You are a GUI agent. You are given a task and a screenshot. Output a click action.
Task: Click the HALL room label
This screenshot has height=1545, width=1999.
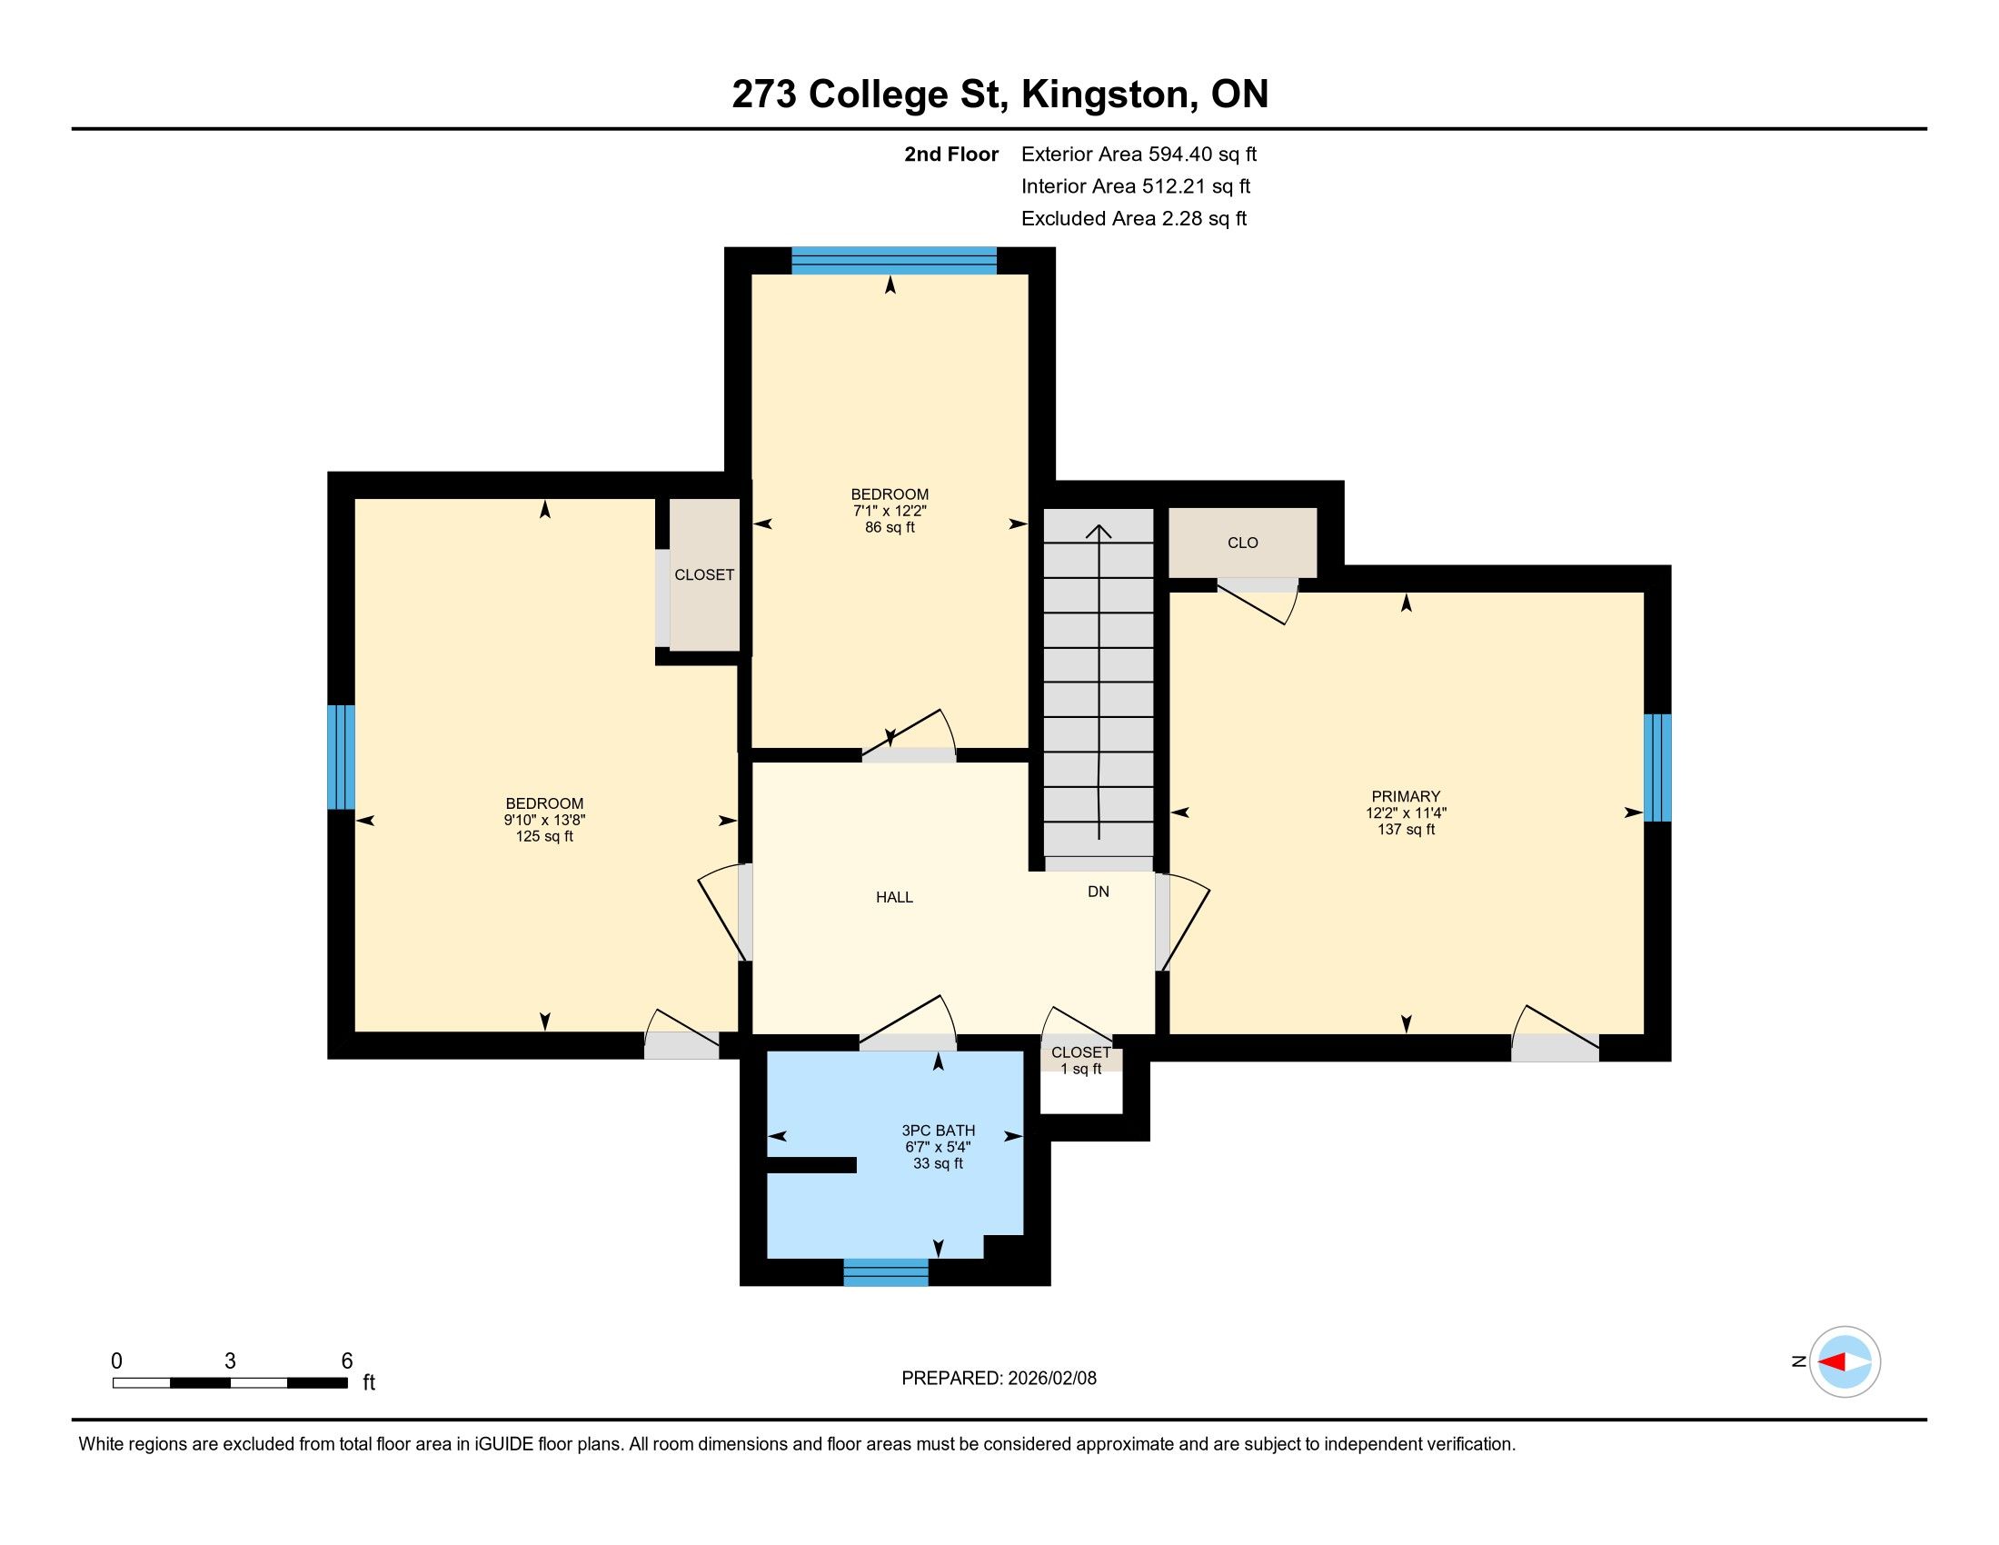894,897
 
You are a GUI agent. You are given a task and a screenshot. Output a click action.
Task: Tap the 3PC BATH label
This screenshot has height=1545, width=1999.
939,1131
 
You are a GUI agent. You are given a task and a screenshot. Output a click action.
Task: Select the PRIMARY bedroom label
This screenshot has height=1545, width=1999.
1406,796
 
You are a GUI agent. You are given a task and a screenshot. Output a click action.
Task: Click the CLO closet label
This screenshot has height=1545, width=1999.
1243,543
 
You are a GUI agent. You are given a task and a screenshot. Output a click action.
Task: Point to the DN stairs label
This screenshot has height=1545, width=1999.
1099,892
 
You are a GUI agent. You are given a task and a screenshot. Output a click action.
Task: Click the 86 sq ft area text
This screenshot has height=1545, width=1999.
890,527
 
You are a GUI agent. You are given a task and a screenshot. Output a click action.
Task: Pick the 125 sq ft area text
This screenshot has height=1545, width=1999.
544,836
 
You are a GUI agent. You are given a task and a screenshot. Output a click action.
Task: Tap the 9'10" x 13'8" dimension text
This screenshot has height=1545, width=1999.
544,820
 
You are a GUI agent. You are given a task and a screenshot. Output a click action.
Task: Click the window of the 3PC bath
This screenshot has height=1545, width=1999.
885,1272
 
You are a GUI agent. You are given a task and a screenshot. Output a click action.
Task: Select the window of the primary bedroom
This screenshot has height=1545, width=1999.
1657,768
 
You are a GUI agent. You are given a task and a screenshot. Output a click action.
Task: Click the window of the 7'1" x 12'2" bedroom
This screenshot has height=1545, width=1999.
893,261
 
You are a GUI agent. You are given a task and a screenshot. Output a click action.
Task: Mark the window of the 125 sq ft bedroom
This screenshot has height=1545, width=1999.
342,757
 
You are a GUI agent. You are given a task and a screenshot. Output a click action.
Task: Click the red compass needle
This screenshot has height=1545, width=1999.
1831,1362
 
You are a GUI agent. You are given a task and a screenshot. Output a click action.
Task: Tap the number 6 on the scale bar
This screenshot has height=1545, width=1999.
347,1361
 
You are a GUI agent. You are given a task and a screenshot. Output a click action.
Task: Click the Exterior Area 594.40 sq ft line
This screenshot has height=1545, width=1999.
1139,154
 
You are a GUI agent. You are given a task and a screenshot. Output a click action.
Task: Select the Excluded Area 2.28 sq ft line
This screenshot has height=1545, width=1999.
1134,219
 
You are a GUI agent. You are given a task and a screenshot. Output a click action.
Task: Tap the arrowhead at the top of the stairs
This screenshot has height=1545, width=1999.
1099,532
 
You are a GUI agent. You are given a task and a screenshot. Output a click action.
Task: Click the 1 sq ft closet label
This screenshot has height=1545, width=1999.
1081,1069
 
